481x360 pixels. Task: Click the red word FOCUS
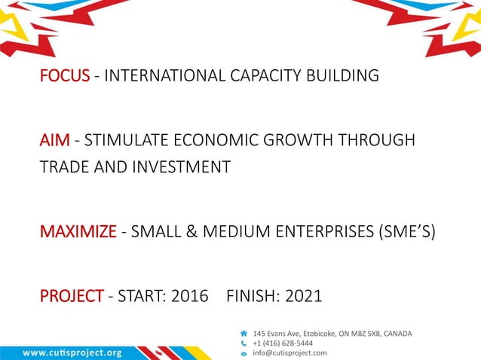[x=65, y=76]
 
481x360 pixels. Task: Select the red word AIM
[x=54, y=141]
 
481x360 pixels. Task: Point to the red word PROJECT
[x=72, y=296]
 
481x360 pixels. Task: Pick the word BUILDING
[x=342, y=76]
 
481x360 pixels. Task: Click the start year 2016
[x=190, y=296]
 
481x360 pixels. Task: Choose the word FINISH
[x=251, y=296]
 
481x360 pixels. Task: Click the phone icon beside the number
[x=243, y=343]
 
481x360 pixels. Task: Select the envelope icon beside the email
[x=243, y=352]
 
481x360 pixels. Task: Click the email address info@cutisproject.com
[x=290, y=352]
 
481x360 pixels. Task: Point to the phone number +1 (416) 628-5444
[x=283, y=343]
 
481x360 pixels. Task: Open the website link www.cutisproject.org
[x=72, y=352]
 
